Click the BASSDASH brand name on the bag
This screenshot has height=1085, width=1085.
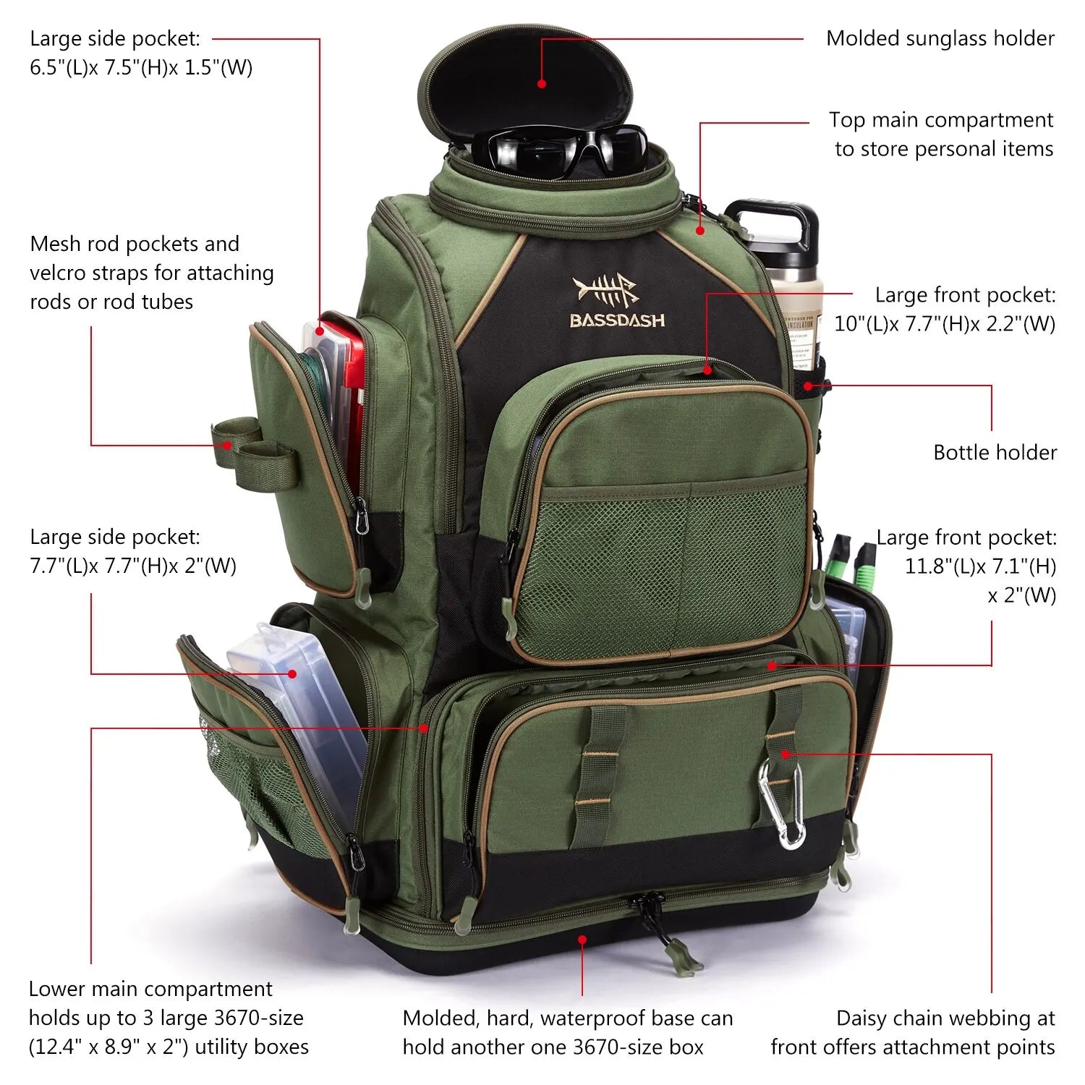617,320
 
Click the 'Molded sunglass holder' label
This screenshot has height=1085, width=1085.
940,38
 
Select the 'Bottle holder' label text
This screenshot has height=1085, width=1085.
995,453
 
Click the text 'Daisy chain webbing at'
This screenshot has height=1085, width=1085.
945,1018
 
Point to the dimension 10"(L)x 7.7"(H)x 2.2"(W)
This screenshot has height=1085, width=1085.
945,324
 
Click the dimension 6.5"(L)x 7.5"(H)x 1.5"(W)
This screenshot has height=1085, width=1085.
141,67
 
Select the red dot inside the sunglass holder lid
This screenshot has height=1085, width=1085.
542,84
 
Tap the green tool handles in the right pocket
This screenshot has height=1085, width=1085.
854,557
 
